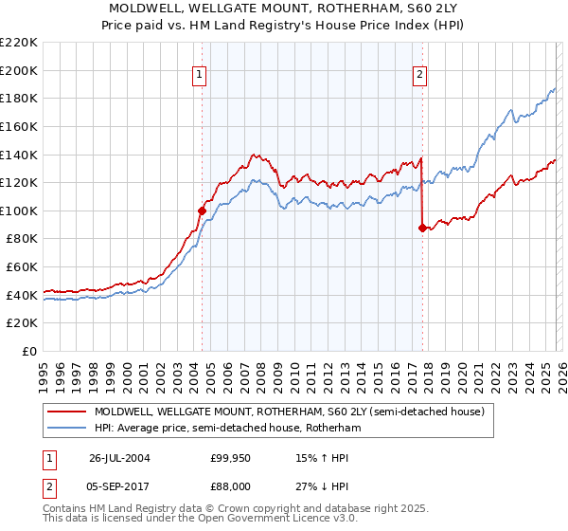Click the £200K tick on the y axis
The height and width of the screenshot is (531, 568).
point(19,70)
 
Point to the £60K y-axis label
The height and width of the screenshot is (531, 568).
point(22,267)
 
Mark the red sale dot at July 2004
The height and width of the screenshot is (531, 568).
point(202,211)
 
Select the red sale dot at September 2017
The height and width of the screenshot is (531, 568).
point(421,228)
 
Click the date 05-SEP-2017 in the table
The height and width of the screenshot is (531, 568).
point(120,488)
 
